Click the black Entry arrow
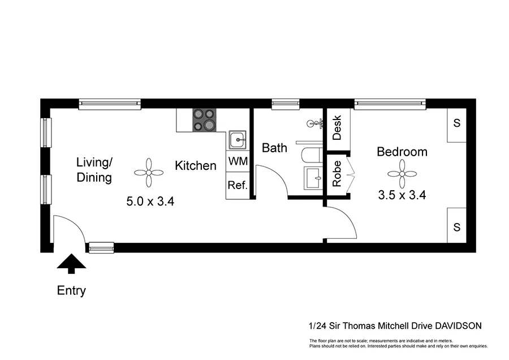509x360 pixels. (x=71, y=262)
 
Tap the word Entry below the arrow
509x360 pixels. (x=71, y=291)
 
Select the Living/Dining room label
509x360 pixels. (x=94, y=170)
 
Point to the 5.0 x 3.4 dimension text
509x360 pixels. (x=149, y=200)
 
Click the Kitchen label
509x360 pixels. (x=195, y=166)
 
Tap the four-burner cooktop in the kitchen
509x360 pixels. (x=204, y=119)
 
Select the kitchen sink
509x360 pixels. (x=238, y=138)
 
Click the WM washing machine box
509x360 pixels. (x=238, y=161)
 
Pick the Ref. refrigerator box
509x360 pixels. (x=238, y=185)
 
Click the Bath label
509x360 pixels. (x=274, y=148)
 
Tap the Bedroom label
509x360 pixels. (x=402, y=152)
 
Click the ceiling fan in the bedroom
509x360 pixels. (x=403, y=173)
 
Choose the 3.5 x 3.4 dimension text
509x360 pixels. (x=402, y=195)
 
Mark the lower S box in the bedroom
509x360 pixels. (x=456, y=226)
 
